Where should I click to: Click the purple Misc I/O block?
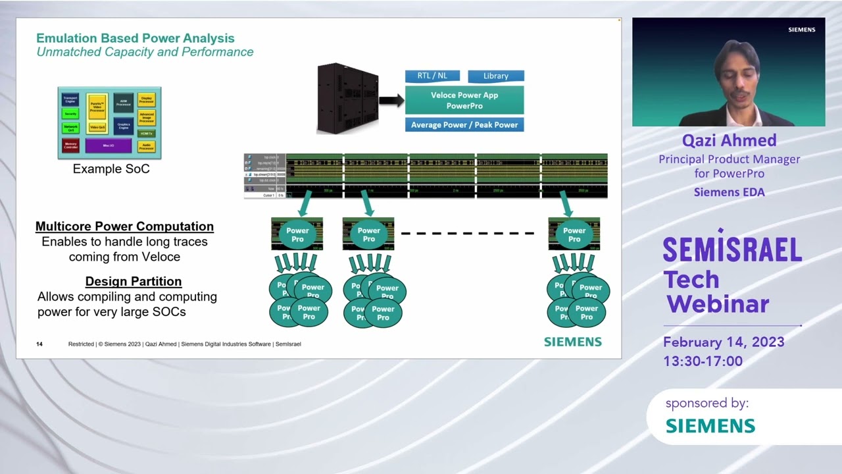pyautogui.click(x=109, y=145)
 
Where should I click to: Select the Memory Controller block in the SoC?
pyautogui.click(x=70, y=145)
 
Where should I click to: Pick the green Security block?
pyautogui.click(x=70, y=114)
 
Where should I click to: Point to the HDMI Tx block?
pyautogui.click(x=146, y=134)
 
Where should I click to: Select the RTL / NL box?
pyautogui.click(x=432, y=76)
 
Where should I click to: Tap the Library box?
pyautogui.click(x=496, y=76)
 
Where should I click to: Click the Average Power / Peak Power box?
pyautogui.click(x=464, y=124)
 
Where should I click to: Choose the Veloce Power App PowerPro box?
pyautogui.click(x=464, y=100)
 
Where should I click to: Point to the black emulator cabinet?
pyautogui.click(x=347, y=99)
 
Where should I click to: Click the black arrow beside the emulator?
pyautogui.click(x=391, y=101)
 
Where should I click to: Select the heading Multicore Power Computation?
pyautogui.click(x=124, y=226)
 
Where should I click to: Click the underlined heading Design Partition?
pyautogui.click(x=134, y=282)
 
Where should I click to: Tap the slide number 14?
pyautogui.click(x=39, y=344)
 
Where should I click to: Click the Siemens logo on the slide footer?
pyautogui.click(x=572, y=342)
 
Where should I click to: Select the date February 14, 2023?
pyautogui.click(x=724, y=342)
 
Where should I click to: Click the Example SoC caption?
pyautogui.click(x=111, y=169)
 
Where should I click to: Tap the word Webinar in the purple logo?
pyautogui.click(x=718, y=304)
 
